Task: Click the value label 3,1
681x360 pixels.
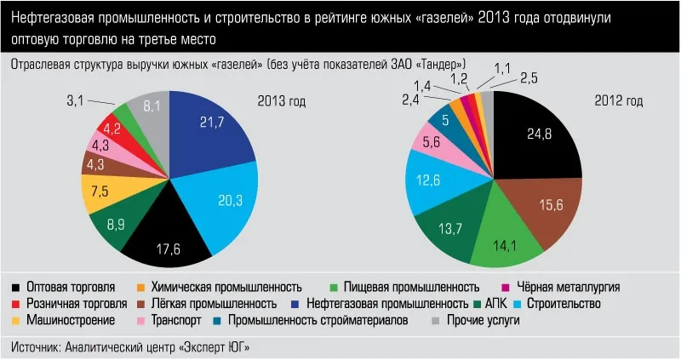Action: (x=76, y=102)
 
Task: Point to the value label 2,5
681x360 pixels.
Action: (x=529, y=79)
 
